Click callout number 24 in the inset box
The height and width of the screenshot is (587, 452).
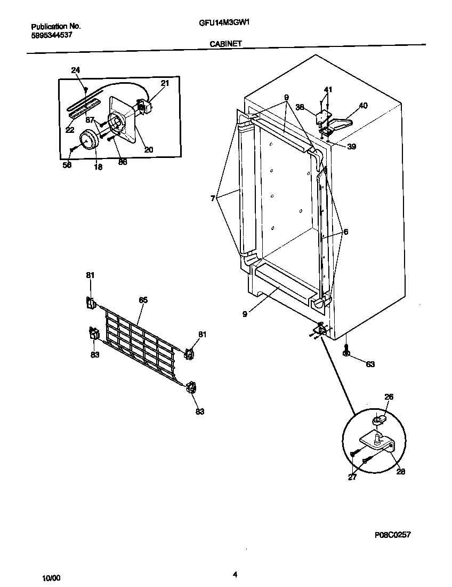click(75, 70)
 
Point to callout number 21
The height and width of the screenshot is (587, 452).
click(165, 83)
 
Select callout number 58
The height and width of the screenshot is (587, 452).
click(67, 165)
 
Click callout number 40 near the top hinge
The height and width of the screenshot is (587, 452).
click(363, 106)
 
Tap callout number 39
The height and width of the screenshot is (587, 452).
click(351, 147)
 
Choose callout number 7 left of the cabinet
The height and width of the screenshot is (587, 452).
click(213, 198)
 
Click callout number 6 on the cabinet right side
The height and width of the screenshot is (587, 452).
click(345, 232)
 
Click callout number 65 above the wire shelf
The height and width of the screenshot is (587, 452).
click(143, 300)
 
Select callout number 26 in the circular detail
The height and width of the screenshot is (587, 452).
click(389, 396)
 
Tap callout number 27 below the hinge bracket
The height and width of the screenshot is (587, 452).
click(352, 477)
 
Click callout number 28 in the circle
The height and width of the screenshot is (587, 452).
click(400, 471)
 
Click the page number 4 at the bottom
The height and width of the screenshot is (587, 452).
click(235, 574)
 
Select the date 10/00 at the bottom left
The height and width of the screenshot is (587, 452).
click(52, 578)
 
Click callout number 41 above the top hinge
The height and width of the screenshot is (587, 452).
click(328, 89)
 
